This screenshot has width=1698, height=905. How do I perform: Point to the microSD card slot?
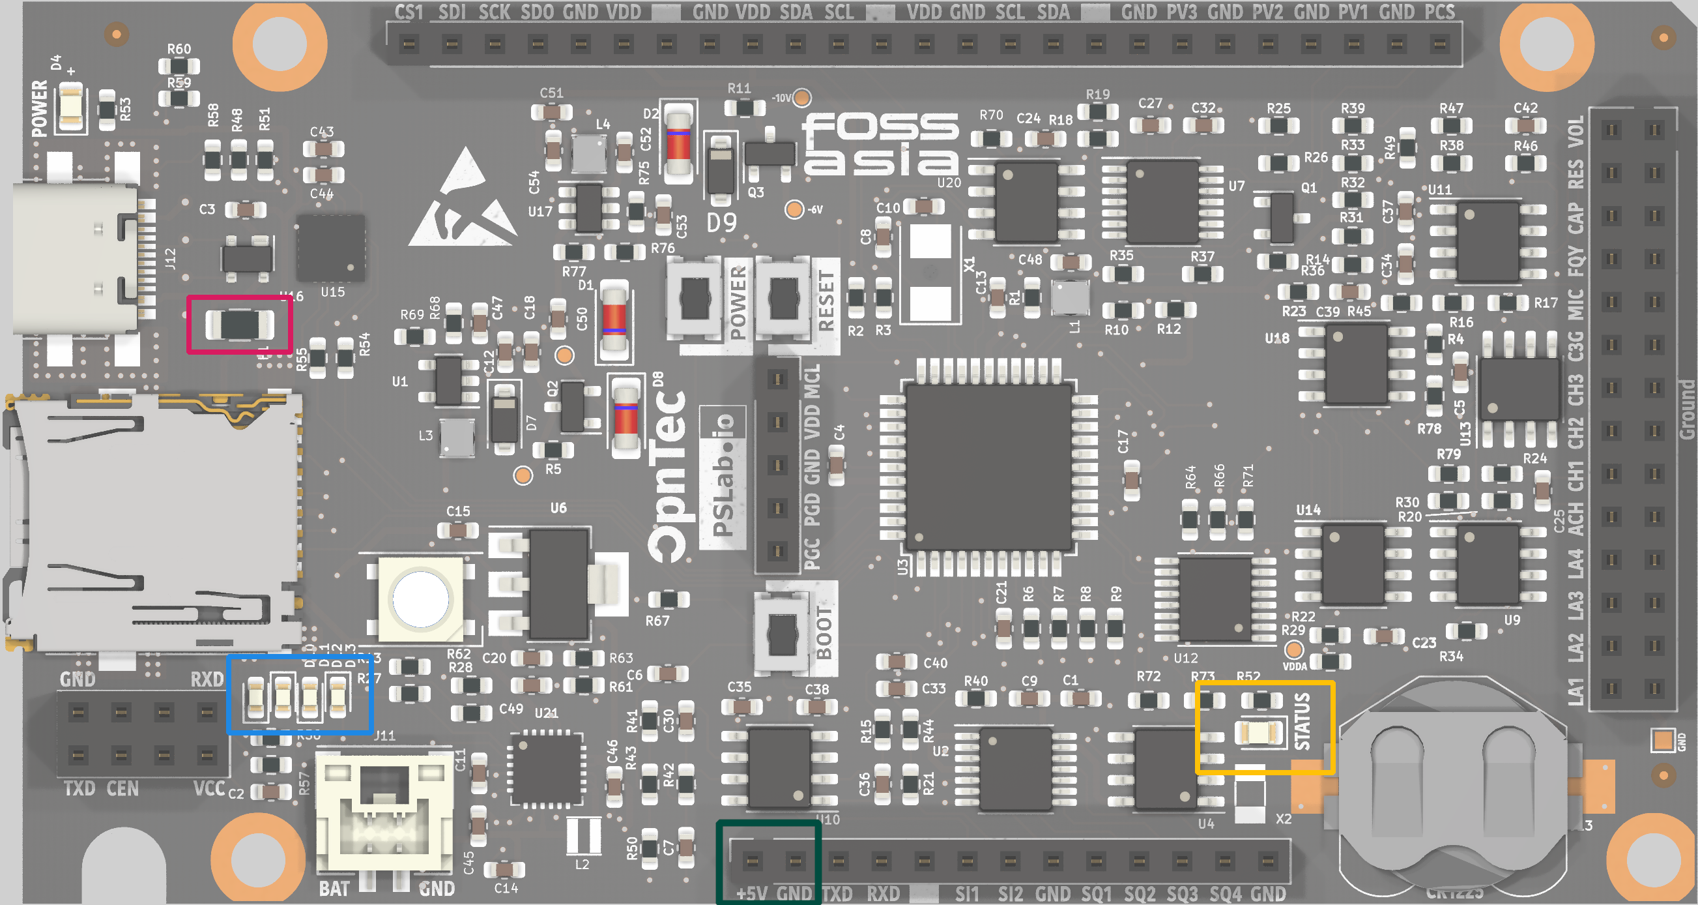[x=152, y=521]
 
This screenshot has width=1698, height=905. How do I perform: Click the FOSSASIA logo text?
[x=880, y=144]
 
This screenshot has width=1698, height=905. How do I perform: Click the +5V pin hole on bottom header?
[x=752, y=861]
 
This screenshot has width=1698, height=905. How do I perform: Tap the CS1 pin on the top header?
[x=409, y=45]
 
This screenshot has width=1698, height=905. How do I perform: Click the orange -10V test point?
[x=801, y=98]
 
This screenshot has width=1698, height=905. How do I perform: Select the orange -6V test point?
[x=794, y=209]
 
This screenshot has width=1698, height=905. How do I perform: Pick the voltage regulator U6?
[x=558, y=583]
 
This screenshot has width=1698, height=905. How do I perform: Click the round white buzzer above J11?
[x=420, y=599]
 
